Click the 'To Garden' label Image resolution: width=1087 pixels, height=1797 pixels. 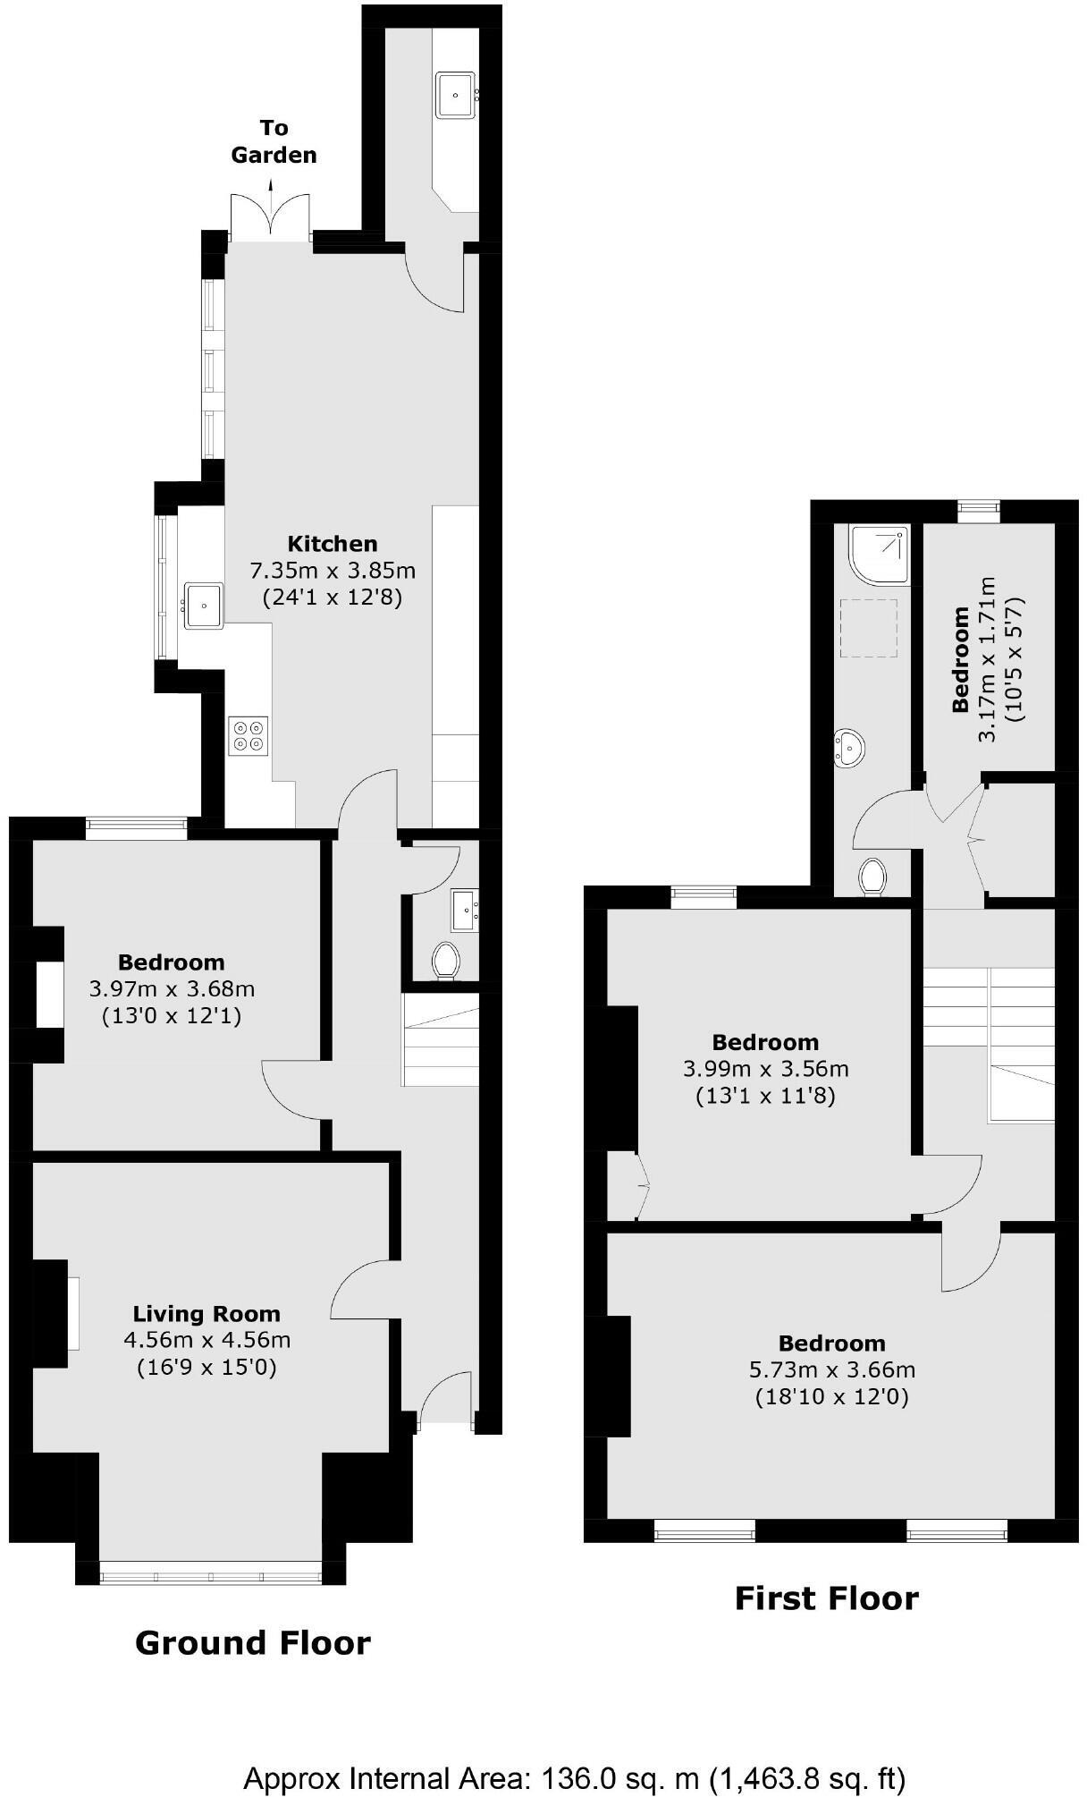click(274, 141)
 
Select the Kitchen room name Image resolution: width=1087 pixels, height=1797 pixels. click(333, 543)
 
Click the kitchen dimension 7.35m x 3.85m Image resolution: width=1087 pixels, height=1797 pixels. click(333, 570)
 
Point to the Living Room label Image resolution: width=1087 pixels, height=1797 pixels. click(206, 1314)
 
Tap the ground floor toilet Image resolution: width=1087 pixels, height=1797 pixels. click(444, 962)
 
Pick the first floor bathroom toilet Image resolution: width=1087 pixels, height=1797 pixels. click(872, 876)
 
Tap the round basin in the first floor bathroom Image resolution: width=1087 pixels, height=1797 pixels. click(849, 746)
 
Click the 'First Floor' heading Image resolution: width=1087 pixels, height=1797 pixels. click(826, 1598)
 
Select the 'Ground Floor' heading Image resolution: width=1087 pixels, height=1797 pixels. click(252, 1642)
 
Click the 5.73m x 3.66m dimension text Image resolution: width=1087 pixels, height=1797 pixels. click(831, 1369)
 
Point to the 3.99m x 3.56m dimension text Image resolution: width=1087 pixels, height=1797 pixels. click(765, 1069)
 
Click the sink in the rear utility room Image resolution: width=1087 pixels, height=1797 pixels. click(456, 95)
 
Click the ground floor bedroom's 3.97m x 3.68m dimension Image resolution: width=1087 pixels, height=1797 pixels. click(172, 989)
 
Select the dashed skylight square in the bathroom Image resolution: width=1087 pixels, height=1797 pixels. click(869, 629)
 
